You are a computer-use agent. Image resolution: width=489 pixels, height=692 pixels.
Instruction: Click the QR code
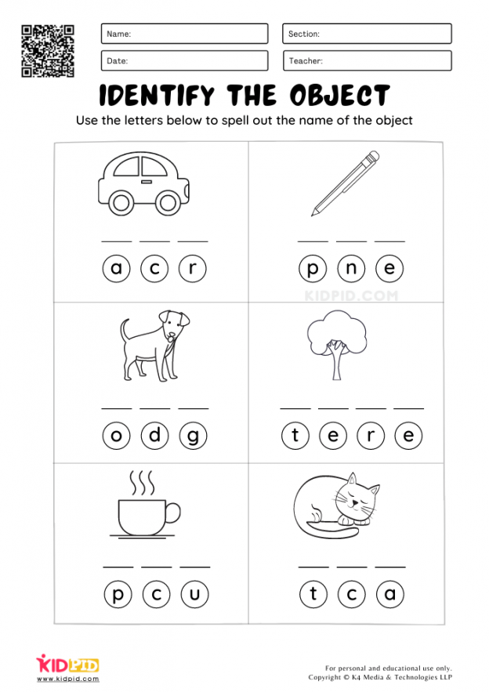point(47,50)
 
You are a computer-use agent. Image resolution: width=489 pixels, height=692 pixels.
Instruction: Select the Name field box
point(184,34)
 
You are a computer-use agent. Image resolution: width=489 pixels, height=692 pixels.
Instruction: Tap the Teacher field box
point(367,60)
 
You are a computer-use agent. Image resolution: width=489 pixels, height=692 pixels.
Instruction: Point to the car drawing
point(143,183)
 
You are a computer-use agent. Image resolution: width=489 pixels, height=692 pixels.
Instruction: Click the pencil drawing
point(345,183)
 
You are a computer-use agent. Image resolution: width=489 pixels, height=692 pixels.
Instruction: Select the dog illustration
point(154,345)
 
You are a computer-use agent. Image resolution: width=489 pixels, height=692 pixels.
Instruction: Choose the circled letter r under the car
point(193,270)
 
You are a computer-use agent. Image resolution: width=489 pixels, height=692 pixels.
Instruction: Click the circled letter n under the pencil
point(351,270)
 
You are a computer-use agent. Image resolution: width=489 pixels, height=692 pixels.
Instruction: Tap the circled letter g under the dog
point(193,436)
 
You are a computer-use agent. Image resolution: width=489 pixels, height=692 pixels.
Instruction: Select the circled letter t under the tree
point(295,436)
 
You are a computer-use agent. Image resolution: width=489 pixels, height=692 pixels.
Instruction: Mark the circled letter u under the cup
point(194,596)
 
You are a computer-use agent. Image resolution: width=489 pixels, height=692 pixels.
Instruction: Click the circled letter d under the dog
point(155,436)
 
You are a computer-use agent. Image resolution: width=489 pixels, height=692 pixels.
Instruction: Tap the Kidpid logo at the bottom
point(67,665)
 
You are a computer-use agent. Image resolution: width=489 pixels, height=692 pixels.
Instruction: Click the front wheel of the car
point(167,203)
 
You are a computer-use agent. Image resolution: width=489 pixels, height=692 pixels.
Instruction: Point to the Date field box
point(184,60)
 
